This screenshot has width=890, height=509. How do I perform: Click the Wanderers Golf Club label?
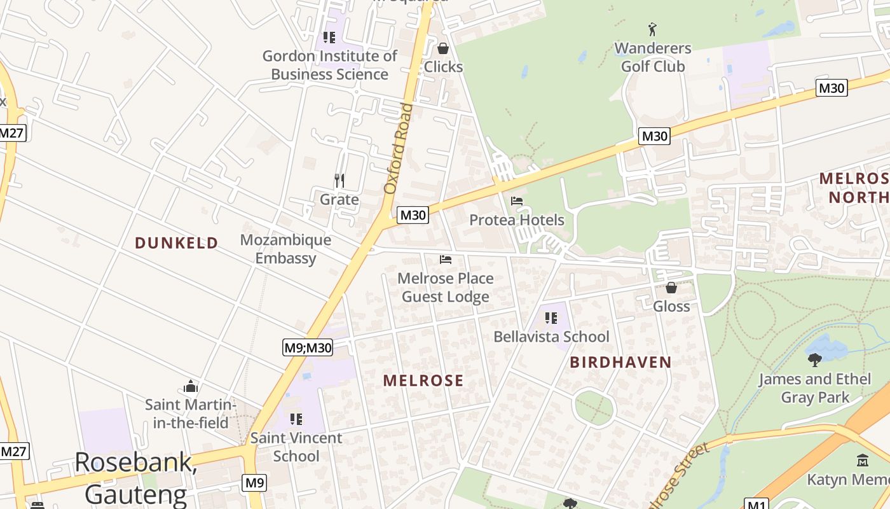652,57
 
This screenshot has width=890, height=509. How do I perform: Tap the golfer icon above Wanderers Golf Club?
652,29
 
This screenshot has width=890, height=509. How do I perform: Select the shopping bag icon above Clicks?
443,48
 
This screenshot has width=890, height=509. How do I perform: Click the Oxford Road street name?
399,149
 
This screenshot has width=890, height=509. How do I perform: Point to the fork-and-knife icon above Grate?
339,181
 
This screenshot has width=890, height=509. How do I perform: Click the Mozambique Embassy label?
285,249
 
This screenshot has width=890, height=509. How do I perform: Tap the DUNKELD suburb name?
176,242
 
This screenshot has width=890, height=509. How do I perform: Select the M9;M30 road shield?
308,347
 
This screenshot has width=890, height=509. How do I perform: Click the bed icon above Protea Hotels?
517,201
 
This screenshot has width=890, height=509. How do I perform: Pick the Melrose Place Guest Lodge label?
445,288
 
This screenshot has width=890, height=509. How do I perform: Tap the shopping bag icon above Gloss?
671,288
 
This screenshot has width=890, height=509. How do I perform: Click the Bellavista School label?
551,337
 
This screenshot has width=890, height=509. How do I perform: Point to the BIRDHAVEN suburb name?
620,363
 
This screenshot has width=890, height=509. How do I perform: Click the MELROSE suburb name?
423,380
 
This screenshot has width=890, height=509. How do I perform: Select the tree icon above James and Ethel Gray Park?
814,360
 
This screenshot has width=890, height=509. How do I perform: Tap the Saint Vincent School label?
296,447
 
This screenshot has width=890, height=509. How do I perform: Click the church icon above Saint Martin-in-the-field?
191,386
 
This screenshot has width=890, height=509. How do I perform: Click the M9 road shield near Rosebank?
254,483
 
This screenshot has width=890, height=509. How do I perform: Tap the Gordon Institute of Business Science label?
329,65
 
